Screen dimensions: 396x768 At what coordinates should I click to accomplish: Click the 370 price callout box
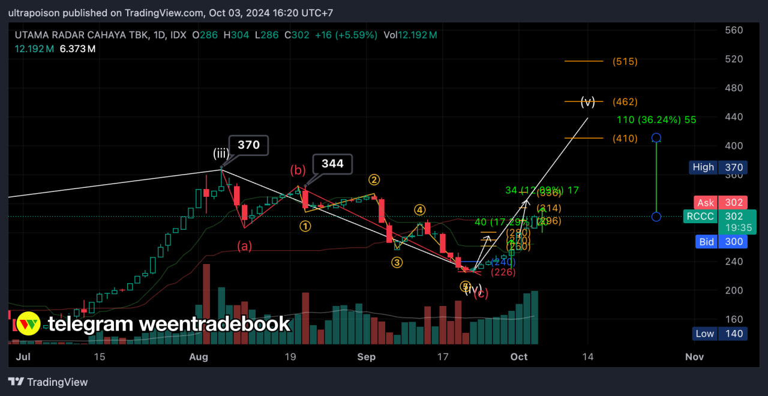[x=248, y=145]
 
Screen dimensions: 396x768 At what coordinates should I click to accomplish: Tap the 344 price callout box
[x=332, y=164]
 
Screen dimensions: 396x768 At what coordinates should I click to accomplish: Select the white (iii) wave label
[x=221, y=154]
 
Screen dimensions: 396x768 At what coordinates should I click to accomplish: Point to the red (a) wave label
[x=244, y=245]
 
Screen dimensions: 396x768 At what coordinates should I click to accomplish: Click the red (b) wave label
[x=298, y=170]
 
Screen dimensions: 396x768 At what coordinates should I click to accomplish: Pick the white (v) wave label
[x=587, y=102]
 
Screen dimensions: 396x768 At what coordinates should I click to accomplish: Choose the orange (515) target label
[x=625, y=61]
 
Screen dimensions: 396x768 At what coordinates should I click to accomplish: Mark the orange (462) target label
[x=625, y=102]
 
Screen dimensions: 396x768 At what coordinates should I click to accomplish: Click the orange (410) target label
[x=625, y=139]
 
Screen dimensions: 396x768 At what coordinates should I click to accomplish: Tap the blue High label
[x=703, y=167]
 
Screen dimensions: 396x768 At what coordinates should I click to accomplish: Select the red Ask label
[x=706, y=203]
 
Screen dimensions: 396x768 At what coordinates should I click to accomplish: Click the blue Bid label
[x=706, y=242]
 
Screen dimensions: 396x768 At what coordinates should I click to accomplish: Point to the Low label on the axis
[x=705, y=334]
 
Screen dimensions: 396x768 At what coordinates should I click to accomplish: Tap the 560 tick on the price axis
[x=734, y=30]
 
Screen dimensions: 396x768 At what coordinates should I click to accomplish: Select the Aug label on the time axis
[x=198, y=356]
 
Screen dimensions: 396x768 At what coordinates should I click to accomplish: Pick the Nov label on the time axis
[x=694, y=356]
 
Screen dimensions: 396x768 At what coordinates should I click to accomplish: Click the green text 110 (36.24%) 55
[x=656, y=120]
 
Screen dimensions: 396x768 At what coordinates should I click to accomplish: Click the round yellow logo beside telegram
[x=28, y=324]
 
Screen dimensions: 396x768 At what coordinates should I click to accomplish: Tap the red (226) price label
[x=503, y=272]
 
